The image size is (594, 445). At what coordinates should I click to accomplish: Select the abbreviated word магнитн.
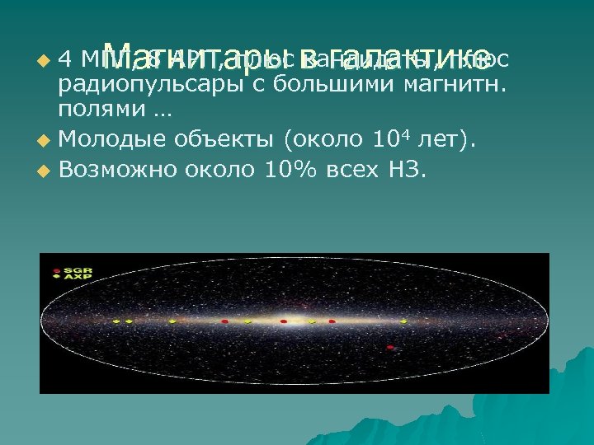tap(459, 84)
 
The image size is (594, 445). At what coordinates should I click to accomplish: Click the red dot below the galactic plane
tap(390, 349)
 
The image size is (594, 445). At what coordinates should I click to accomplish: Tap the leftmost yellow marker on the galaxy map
tap(116, 321)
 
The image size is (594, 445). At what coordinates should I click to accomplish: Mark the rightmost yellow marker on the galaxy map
tap(312, 321)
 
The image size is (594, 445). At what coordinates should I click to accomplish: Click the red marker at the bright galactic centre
tap(283, 321)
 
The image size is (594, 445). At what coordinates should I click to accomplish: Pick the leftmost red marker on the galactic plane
tap(224, 321)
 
